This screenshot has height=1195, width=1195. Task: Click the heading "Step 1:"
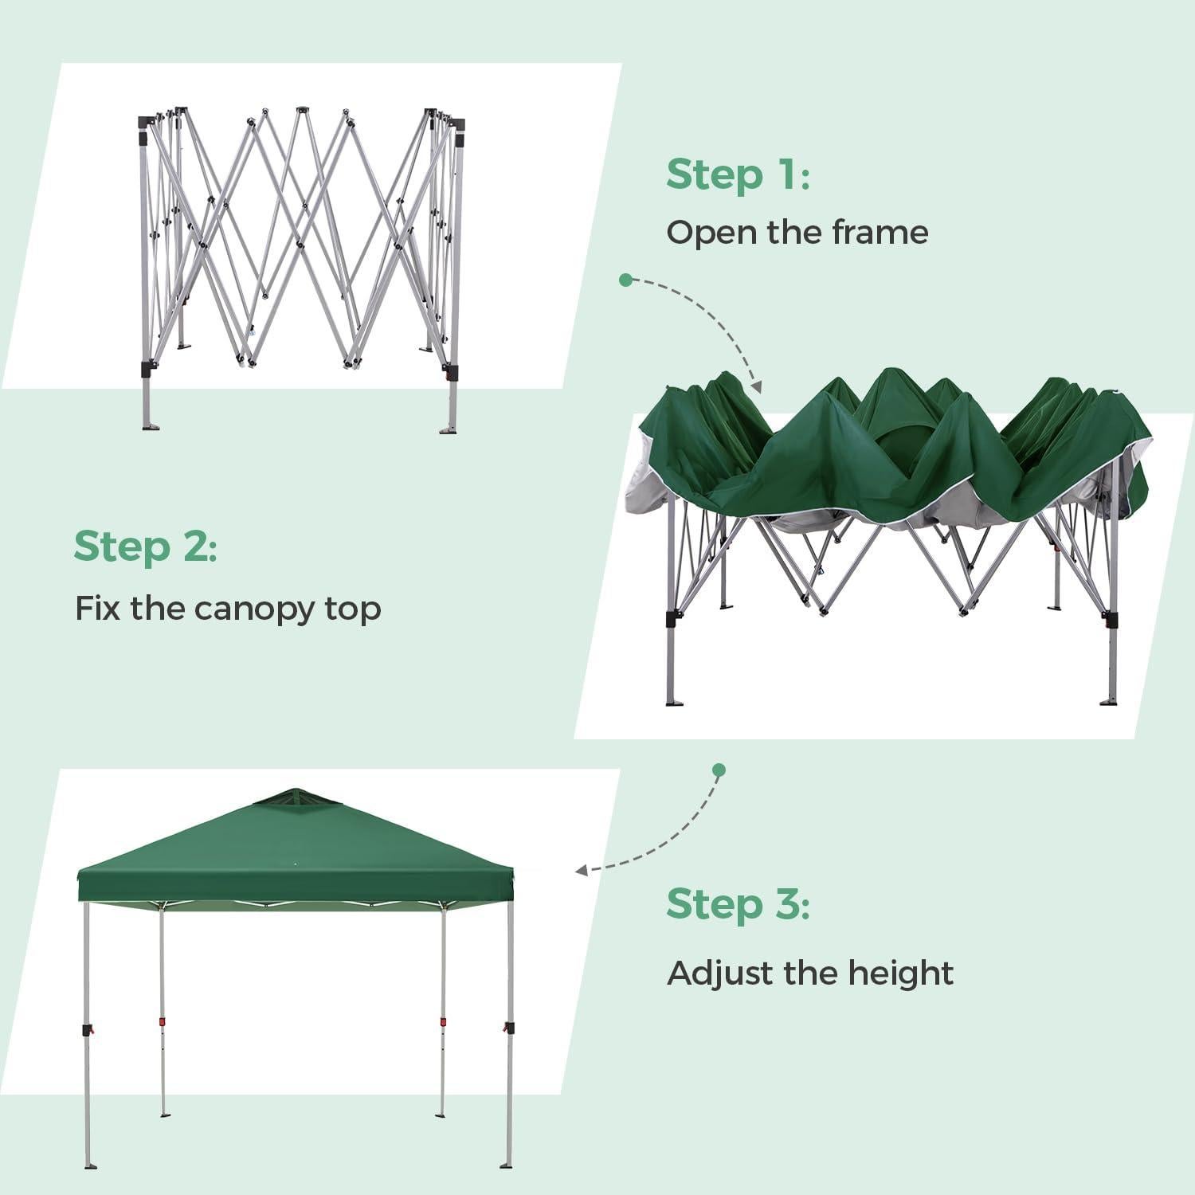point(738,174)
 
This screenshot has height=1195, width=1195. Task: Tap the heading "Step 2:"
point(145,547)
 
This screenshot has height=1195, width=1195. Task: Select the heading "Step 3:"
point(738,904)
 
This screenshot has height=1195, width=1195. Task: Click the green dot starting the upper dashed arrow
point(625,280)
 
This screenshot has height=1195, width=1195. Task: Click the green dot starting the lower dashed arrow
point(719,770)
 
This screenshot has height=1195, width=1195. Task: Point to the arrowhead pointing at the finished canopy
point(582,871)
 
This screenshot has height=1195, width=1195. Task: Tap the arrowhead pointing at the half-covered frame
point(755,387)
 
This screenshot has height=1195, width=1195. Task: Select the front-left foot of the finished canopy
point(88,1166)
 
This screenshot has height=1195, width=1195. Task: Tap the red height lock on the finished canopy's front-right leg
point(507,1029)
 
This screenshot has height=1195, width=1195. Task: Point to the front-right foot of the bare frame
point(449,430)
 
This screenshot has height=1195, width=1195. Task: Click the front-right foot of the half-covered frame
point(1108,701)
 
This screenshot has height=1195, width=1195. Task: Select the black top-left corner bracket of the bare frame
point(144,121)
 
